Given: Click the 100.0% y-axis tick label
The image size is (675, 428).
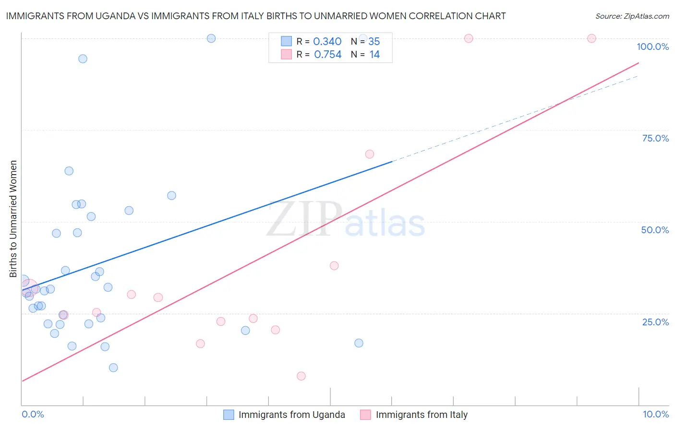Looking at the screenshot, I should [x=652, y=47].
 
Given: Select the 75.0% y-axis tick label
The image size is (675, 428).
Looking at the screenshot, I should [x=655, y=138].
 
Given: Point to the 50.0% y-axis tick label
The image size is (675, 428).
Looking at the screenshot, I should [x=655, y=230].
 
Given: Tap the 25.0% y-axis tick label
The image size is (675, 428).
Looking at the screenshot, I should [x=655, y=322].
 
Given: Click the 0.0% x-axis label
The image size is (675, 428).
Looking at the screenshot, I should [x=33, y=414].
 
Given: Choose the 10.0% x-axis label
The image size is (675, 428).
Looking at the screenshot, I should [x=655, y=414].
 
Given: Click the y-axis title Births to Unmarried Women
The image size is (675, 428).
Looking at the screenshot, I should [x=13, y=219].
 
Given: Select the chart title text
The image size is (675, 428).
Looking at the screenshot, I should [x=256, y=16].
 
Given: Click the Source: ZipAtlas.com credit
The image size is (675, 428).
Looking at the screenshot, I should [x=632, y=16].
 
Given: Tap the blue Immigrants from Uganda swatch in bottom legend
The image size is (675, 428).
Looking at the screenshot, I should [x=229, y=415].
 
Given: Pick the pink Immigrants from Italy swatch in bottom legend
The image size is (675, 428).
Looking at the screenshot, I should [x=366, y=415].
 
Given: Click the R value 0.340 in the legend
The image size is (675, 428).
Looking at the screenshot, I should [x=327, y=42].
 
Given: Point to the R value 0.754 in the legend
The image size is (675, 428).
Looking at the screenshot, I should [x=327, y=55].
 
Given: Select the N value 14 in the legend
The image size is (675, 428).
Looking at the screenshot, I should [x=374, y=55].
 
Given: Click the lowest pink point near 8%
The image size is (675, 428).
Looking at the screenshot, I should [x=301, y=376].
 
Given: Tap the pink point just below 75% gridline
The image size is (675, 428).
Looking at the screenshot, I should [x=369, y=154].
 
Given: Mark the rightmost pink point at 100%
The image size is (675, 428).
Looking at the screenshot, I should [x=591, y=38].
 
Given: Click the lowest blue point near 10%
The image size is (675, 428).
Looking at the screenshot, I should [x=113, y=368].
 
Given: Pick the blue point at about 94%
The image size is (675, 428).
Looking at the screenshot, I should [x=83, y=59].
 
